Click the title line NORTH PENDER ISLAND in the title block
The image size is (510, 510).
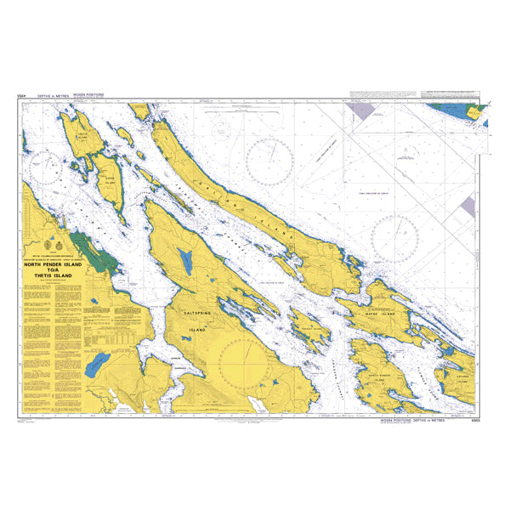tap(53, 264)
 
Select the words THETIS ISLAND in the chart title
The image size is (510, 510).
tap(53, 276)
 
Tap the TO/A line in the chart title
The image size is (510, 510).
tap(53, 270)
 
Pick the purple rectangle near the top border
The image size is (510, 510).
tap(362, 110)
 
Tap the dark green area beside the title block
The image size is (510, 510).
tap(89, 252)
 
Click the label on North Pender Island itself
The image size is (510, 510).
tap(382, 374)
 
